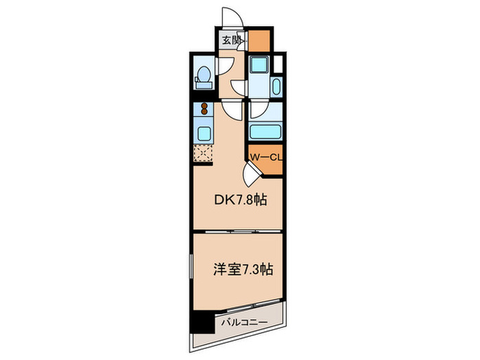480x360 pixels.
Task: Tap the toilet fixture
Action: tap(203, 77)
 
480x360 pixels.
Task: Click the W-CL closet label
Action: tap(265, 158)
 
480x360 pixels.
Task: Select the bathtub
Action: tap(264, 132)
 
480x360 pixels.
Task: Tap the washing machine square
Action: tap(259, 65)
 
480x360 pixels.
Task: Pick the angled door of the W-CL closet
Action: tap(253, 172)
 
